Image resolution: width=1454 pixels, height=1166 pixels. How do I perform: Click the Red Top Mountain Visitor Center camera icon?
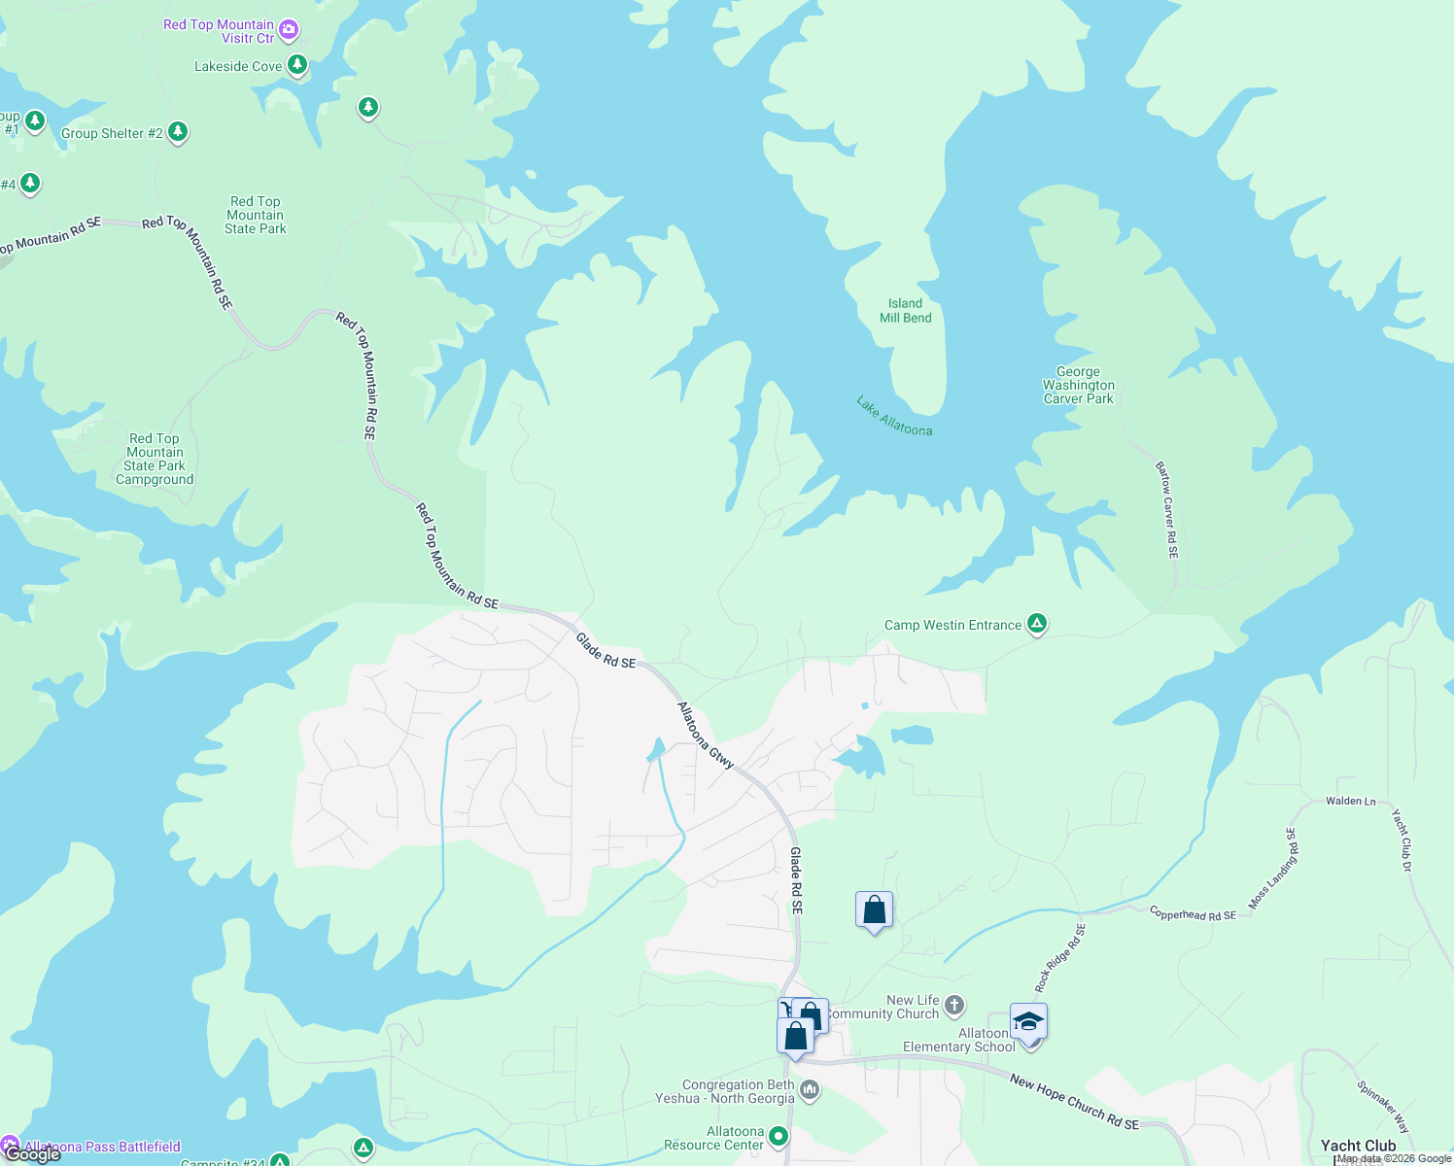289,30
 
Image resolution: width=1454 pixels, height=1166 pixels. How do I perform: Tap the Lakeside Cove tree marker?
297,65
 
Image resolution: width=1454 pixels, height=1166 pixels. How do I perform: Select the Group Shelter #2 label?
112,133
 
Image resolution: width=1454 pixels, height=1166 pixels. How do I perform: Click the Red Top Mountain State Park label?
256,215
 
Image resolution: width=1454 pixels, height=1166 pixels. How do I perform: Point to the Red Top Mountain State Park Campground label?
155,459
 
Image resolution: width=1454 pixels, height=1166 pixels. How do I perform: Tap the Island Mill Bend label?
905,311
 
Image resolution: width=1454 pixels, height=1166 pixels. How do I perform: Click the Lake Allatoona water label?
894,416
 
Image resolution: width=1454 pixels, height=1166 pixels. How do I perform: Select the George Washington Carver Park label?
1078,385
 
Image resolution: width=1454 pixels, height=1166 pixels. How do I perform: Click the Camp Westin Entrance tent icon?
1037,624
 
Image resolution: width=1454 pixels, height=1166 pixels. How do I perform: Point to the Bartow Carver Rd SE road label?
1167,510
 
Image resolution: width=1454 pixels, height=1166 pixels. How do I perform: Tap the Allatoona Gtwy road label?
706,736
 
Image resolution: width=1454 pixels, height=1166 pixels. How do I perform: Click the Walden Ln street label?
1350,802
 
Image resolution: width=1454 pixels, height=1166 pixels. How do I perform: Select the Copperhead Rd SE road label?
1193,914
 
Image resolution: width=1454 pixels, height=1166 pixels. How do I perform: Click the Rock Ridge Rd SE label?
1060,958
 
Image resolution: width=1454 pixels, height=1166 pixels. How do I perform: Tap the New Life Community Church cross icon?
954,1005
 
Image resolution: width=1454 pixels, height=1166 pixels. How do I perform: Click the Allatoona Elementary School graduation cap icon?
1028,1022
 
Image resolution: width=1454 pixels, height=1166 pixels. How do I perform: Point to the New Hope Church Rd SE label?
1074,1102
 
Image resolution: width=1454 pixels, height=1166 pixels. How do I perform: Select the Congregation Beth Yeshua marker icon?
810,1091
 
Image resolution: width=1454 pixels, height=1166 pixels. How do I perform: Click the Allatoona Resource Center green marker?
779,1136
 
